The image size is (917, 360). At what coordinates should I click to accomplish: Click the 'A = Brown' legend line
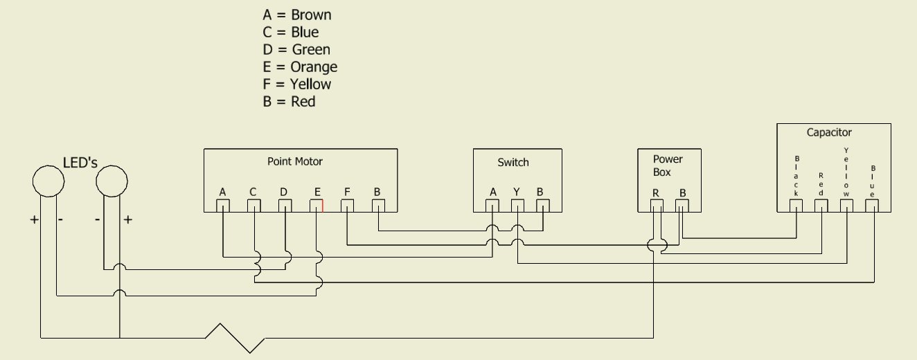[x=296, y=15]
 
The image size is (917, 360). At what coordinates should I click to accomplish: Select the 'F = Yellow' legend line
[x=296, y=84]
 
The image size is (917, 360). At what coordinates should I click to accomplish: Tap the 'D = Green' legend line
[x=296, y=50]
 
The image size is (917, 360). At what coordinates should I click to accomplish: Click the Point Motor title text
[x=295, y=161]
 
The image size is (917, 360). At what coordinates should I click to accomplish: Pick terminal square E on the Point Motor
[x=316, y=206]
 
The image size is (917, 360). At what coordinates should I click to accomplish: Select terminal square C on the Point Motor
[x=254, y=206]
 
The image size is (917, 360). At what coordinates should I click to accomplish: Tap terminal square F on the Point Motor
[x=347, y=206]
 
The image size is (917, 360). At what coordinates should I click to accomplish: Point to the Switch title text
[x=513, y=163]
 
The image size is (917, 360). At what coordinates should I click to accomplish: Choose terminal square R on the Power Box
[x=657, y=206]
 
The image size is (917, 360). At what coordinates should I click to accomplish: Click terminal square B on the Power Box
[x=682, y=206]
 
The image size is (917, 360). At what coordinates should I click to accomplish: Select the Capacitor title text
[x=829, y=132]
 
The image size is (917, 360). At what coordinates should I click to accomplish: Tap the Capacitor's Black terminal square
[x=796, y=206]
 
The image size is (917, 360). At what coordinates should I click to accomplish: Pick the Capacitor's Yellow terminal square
[x=846, y=206]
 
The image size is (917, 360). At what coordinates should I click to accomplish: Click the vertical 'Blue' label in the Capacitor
[x=872, y=180]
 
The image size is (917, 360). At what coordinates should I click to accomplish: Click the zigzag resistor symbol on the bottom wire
[x=235, y=337]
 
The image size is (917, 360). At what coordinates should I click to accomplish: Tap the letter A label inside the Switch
[x=492, y=192]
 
